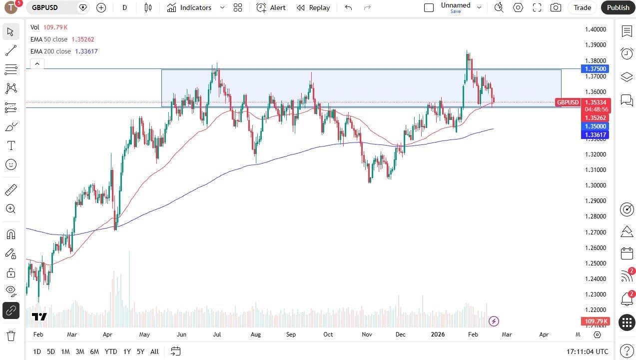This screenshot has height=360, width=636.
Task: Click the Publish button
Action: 618,7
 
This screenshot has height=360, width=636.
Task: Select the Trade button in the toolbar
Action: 582,7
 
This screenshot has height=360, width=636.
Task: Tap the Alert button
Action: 271,7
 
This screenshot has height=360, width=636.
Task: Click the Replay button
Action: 313,7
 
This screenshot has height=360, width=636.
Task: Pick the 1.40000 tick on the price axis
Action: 596,29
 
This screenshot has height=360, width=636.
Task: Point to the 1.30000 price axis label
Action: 596,185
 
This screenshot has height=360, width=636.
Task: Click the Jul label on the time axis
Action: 217,334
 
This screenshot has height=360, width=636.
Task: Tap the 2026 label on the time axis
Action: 438,334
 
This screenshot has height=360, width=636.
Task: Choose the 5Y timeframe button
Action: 140,351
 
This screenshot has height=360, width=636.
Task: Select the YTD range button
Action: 111,351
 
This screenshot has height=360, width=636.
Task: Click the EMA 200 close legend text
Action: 50,51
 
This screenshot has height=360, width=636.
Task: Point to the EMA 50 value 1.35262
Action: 83,39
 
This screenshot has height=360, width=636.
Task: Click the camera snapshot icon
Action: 555,7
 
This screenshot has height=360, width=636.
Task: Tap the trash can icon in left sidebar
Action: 10,335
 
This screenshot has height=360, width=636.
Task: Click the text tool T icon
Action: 10,145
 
